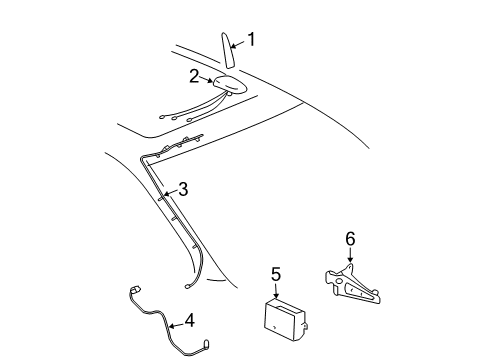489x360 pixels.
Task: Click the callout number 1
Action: click(251, 40)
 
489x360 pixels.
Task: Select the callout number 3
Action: click(182, 188)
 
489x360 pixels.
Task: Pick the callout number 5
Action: click(277, 272)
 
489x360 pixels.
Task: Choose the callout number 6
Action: click(349, 239)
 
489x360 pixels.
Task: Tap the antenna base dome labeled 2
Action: click(230, 87)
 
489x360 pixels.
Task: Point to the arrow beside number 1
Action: click(238, 43)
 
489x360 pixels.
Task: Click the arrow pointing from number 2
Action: click(208, 79)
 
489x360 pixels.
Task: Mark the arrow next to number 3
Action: click(171, 193)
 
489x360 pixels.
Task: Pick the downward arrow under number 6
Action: click(349, 257)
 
